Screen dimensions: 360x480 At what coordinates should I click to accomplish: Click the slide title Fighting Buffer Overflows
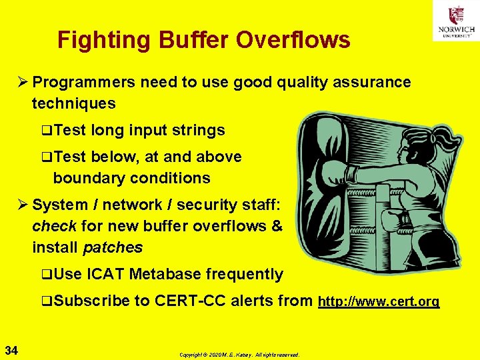(x=203, y=40)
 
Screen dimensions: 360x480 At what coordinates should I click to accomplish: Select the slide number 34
(x=11, y=349)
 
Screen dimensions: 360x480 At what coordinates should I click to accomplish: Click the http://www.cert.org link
(x=379, y=301)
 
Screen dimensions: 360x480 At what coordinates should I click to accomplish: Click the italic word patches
(x=113, y=247)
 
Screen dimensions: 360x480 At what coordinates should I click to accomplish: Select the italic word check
(x=54, y=226)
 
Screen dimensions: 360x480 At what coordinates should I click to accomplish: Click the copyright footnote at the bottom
(x=239, y=355)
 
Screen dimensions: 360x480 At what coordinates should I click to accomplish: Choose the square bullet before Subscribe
(x=46, y=301)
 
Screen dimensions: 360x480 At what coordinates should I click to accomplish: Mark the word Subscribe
(x=91, y=301)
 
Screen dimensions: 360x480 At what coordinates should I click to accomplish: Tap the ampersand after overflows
(x=277, y=226)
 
